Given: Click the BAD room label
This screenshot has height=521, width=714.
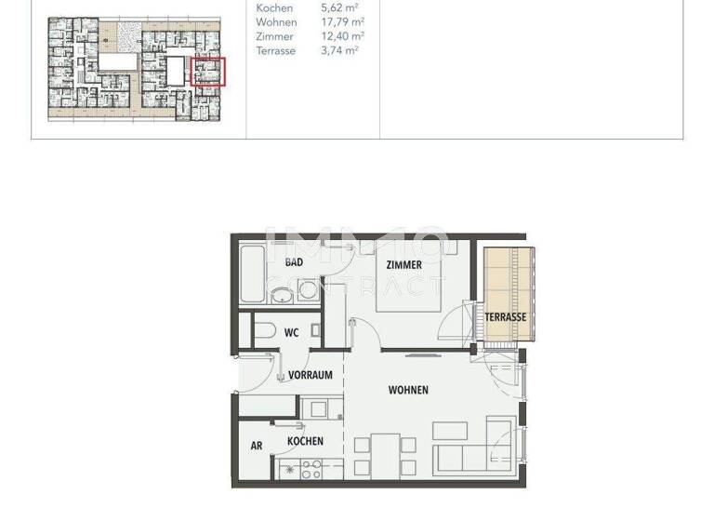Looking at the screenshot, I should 294,262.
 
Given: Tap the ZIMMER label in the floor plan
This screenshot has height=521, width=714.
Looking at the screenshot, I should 403,264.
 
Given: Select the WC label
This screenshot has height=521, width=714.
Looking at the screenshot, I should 291,332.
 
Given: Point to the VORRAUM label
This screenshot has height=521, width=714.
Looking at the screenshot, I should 311,375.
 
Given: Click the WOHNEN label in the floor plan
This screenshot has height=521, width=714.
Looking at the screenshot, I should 408,390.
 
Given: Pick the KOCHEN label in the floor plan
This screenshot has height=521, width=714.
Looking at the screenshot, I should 305,441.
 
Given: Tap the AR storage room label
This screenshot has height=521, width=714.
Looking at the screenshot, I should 257,446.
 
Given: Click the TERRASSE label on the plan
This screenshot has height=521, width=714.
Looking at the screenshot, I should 506,317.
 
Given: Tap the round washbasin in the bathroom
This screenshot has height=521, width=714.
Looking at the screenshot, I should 283,294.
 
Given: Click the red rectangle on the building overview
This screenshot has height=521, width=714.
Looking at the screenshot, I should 208,72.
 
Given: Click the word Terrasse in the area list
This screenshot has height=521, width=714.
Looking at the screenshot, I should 276,51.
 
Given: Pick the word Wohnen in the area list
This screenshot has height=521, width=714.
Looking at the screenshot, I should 276,22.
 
